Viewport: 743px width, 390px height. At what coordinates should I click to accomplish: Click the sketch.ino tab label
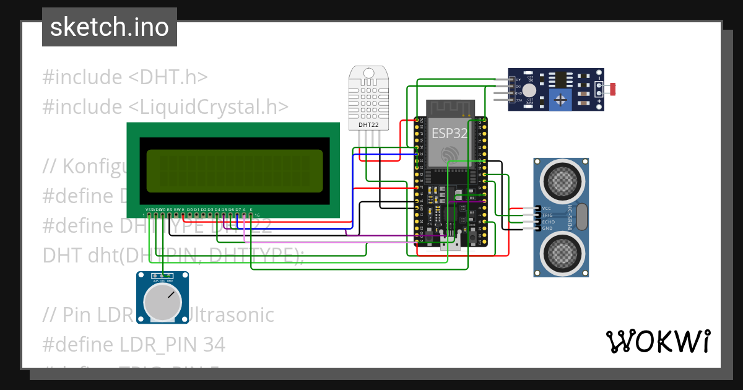point(109,27)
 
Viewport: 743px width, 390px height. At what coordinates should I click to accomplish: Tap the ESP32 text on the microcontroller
point(449,133)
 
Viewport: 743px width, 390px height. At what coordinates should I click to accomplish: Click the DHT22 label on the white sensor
point(368,125)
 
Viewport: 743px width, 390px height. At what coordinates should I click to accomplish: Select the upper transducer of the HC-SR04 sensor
point(562,180)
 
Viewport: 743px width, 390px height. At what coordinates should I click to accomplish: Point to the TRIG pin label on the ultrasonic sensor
point(548,215)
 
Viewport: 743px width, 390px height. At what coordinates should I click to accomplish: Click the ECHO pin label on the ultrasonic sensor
point(549,222)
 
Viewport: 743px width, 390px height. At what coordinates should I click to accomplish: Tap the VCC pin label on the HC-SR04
point(547,208)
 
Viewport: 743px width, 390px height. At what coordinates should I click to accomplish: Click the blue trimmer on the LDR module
point(561,99)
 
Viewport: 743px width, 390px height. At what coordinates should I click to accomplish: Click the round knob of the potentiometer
point(162,302)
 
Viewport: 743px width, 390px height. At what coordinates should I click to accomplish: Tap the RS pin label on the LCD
point(170,210)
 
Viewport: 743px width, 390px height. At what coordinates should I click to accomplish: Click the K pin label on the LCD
point(251,210)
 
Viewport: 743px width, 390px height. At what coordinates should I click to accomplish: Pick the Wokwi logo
point(658,341)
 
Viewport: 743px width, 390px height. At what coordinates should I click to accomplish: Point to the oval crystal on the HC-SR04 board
point(581,217)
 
